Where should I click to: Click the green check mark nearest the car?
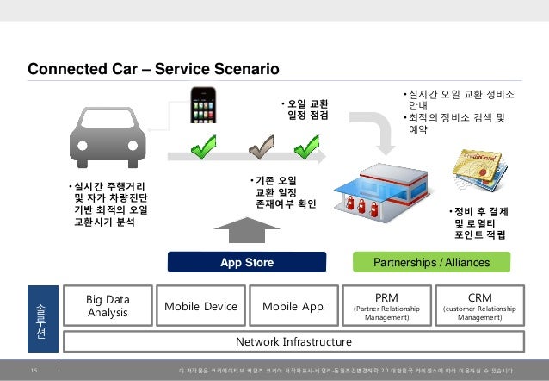tap(203, 153)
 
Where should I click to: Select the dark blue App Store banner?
tap(247, 262)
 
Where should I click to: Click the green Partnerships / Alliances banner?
tap(432, 262)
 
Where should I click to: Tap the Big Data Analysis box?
tap(108, 306)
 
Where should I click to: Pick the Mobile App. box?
tap(293, 306)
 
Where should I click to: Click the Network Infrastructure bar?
tap(293, 341)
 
